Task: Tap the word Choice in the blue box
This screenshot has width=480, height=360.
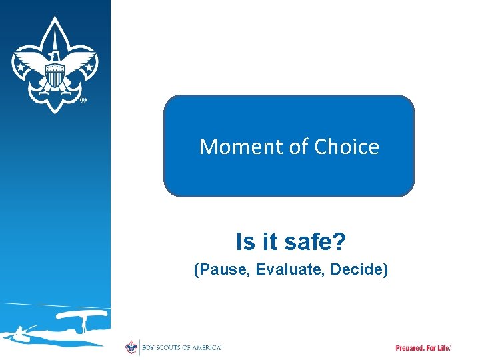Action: click(x=347, y=147)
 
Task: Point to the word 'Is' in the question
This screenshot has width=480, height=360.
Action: click(x=245, y=242)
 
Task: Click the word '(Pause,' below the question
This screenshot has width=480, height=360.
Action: click(x=215, y=270)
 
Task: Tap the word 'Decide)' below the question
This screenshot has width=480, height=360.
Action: click(x=361, y=270)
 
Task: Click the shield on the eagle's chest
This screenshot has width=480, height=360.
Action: click(x=55, y=80)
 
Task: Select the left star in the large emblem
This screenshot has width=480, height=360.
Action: click(x=21, y=67)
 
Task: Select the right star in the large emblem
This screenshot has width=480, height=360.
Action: click(x=87, y=67)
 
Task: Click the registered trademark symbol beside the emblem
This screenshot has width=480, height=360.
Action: click(x=83, y=101)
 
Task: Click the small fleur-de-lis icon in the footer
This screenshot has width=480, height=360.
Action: click(x=131, y=347)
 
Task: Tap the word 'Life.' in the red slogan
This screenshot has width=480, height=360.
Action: click(x=443, y=348)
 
